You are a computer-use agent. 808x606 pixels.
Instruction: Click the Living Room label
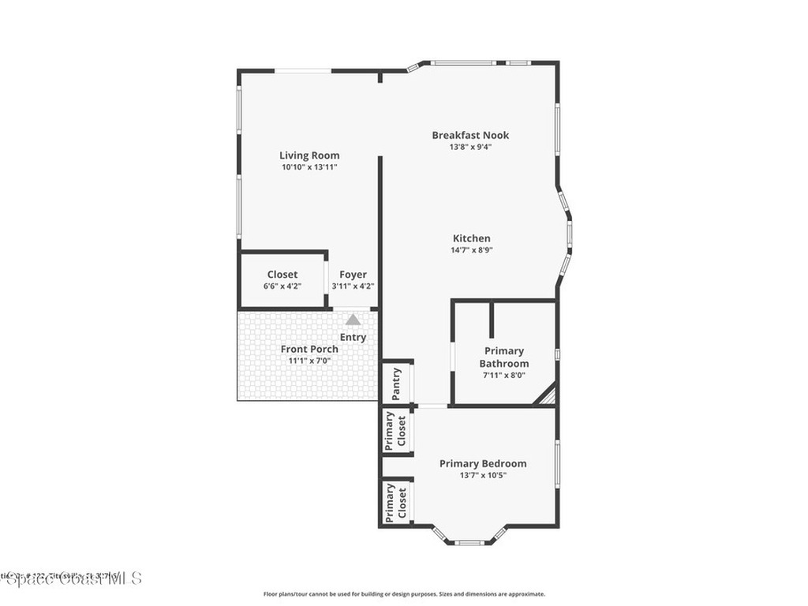point(309,155)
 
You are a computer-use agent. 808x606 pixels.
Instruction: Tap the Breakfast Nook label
point(471,135)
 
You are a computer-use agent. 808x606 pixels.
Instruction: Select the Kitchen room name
point(471,238)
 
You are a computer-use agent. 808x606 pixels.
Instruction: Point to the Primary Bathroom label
point(504,357)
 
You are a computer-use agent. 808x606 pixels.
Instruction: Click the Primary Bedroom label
point(483,464)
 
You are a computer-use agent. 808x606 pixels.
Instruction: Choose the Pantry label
point(397,383)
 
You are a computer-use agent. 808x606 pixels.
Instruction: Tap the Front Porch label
point(309,349)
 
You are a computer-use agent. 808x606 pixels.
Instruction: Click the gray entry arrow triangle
point(353,320)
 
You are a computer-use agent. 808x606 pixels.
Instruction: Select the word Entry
point(353,338)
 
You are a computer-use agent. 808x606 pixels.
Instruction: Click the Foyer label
point(353,275)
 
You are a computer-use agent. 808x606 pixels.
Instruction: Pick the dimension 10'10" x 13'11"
point(309,167)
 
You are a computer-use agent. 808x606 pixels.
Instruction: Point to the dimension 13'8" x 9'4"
point(471,147)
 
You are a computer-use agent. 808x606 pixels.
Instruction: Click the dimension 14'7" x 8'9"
point(471,250)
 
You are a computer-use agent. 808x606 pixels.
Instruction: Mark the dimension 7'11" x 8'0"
point(504,376)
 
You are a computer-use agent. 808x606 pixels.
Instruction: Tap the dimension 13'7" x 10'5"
point(483,476)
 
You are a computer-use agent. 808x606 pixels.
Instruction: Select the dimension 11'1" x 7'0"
point(309,361)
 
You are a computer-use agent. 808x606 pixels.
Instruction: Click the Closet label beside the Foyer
point(282,275)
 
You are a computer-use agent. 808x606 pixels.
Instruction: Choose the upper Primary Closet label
point(395,431)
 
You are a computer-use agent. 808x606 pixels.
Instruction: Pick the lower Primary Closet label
point(395,503)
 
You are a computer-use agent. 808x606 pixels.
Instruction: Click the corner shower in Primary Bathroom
point(547,395)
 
